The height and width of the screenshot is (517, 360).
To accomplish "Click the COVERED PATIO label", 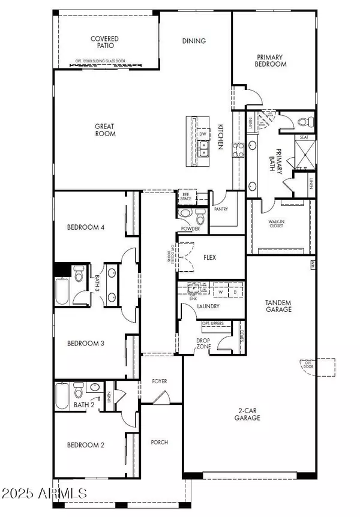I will [x=104, y=43].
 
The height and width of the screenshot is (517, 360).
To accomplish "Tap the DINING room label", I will [x=194, y=41].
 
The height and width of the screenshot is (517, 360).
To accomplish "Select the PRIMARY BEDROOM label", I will [x=270, y=61].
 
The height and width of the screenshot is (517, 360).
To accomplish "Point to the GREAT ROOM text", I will [x=105, y=130].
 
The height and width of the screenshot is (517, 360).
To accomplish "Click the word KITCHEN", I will [x=221, y=137].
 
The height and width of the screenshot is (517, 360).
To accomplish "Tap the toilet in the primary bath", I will [x=303, y=122].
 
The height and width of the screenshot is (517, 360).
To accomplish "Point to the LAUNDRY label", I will [x=208, y=306].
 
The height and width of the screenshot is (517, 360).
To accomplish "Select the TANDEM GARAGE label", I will [x=278, y=306].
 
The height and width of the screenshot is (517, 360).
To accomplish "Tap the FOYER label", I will [x=160, y=381].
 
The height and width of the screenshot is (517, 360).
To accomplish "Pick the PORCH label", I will [x=160, y=443].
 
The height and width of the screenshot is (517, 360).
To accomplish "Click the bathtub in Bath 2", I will [x=62, y=396].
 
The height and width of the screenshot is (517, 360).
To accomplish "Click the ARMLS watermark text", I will [x=44, y=494].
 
